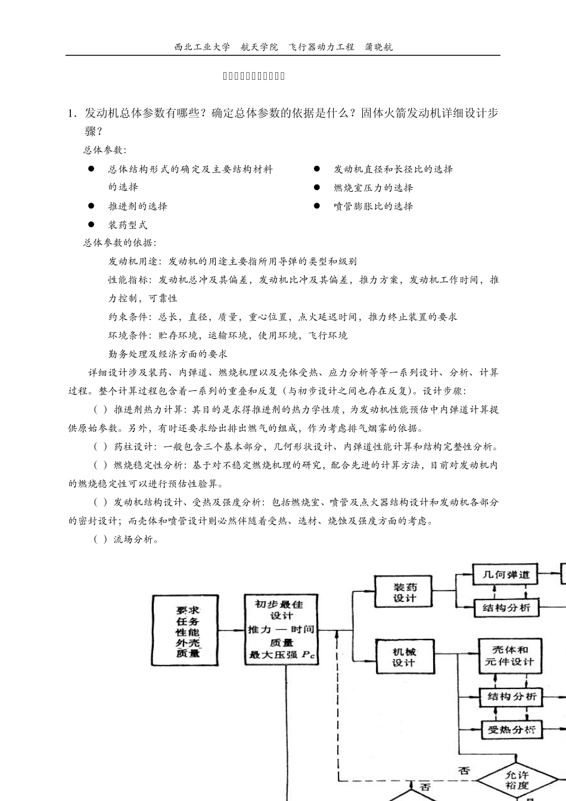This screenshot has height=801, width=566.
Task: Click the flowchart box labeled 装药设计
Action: point(404,592)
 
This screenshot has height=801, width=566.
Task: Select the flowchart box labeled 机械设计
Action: point(404,657)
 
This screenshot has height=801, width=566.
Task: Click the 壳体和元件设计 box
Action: point(510,656)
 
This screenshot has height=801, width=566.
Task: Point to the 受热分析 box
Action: point(511,729)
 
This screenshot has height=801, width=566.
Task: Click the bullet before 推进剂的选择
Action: point(91,206)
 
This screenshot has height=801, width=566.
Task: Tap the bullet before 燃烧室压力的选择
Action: point(317,188)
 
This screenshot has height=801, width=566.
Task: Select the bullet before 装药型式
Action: point(91,225)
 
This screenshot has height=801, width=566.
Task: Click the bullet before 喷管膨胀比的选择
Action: point(317,206)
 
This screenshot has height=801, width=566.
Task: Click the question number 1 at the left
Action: point(71,114)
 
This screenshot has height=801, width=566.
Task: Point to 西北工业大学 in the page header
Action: point(202,47)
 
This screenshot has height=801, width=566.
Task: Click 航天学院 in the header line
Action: point(259,47)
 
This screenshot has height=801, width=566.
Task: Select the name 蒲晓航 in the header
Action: point(378,47)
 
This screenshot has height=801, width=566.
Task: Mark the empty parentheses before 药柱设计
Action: point(101,447)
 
